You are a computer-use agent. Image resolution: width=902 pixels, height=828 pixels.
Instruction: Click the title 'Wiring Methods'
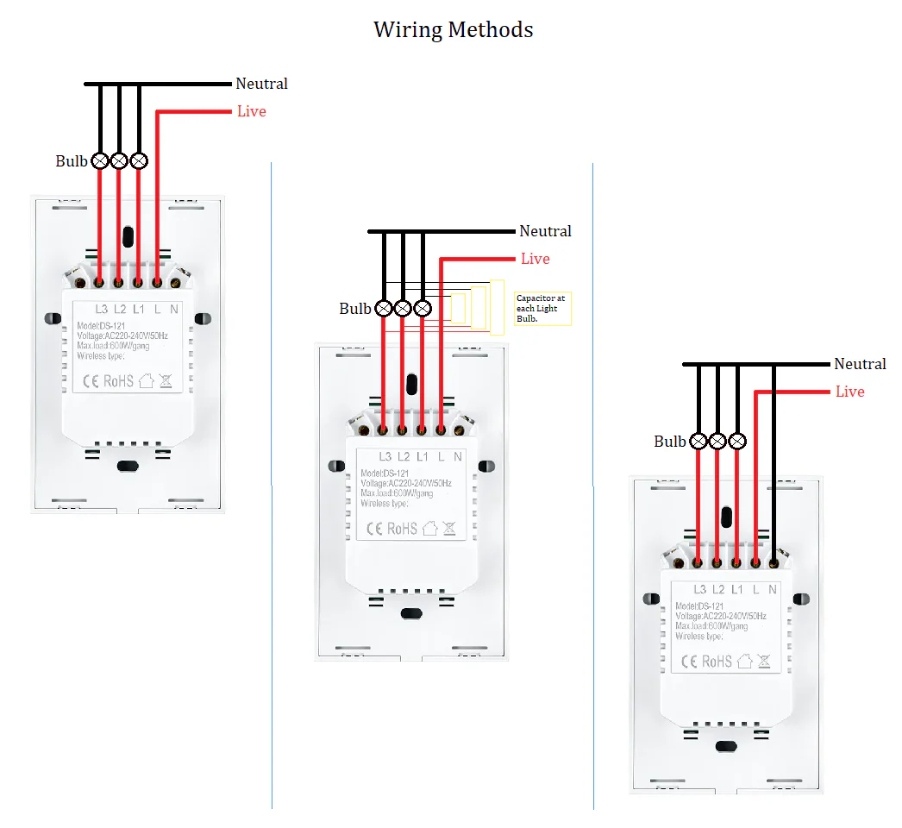click(453, 29)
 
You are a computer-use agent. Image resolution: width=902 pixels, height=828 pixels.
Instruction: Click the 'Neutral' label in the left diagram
click(261, 84)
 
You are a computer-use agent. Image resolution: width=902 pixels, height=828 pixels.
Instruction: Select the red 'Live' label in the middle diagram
click(535, 259)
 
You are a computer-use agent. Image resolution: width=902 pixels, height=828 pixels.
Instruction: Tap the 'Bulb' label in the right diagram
click(669, 442)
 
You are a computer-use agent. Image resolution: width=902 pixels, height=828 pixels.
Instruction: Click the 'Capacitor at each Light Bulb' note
click(542, 308)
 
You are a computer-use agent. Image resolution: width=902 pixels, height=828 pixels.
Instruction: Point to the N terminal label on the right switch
click(772, 590)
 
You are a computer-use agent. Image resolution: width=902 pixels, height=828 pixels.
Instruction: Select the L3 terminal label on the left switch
click(101, 309)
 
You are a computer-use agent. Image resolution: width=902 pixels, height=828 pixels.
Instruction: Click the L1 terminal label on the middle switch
click(422, 457)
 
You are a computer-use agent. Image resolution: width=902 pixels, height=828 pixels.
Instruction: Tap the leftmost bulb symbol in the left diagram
click(100, 160)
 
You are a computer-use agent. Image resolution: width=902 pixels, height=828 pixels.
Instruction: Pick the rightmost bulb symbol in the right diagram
click(737, 441)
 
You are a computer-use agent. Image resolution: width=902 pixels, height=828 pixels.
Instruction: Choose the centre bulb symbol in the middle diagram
click(403, 308)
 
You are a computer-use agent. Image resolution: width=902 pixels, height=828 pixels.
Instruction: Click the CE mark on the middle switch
click(375, 529)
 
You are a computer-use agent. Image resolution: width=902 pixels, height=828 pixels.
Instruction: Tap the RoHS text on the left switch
click(118, 380)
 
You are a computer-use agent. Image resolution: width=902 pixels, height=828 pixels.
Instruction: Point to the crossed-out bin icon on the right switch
click(767, 662)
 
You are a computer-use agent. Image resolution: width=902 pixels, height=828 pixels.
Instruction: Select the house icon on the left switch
click(146, 380)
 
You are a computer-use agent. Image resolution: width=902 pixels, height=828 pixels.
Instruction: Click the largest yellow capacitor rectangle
click(497, 307)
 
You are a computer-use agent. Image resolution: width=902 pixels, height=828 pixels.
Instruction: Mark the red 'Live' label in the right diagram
click(849, 392)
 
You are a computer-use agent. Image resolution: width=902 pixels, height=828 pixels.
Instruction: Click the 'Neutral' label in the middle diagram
click(545, 231)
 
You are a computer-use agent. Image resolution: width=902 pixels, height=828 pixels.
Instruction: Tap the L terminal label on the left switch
click(157, 309)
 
